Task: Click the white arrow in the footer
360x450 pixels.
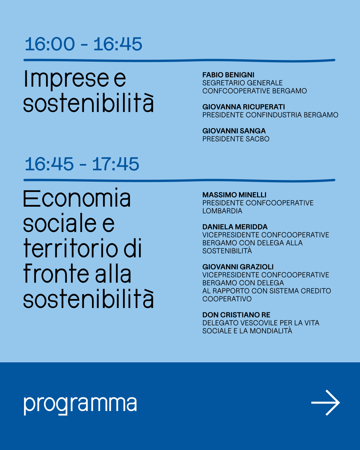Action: [325, 403]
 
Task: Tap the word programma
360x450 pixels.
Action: [80, 405]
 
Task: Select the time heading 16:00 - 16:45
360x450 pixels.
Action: [83, 44]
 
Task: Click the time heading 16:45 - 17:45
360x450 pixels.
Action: [82, 164]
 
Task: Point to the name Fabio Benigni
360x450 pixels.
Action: [228, 75]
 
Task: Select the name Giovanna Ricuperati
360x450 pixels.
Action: [243, 107]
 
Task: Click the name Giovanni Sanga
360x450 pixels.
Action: [234, 131]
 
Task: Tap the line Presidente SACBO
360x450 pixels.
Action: [236, 139]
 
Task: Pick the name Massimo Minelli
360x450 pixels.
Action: [234, 195]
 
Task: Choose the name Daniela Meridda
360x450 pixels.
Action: [235, 227]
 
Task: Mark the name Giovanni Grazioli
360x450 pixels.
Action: [238, 267]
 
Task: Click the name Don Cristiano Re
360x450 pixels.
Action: [236, 315]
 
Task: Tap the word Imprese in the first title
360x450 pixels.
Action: [67, 79]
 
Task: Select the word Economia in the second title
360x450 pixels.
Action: [77, 198]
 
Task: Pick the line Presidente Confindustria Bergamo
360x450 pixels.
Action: [270, 115]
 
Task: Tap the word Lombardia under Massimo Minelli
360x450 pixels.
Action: [222, 211]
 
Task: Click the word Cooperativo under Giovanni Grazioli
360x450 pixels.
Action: [227, 299]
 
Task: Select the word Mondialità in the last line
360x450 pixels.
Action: [271, 330]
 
